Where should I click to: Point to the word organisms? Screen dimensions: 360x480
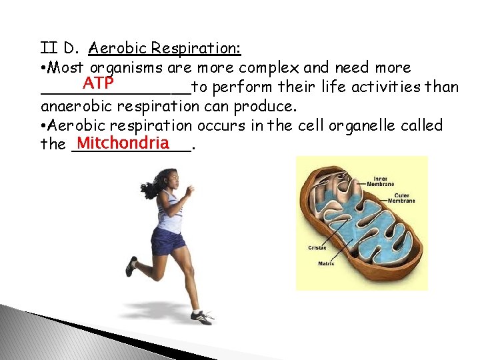123,67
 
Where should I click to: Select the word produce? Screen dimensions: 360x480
266,106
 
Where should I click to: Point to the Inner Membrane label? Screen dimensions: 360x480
384,181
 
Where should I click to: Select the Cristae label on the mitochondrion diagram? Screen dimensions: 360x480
317,248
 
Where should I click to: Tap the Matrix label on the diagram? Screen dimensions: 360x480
326,263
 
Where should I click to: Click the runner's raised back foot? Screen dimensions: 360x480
131,266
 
